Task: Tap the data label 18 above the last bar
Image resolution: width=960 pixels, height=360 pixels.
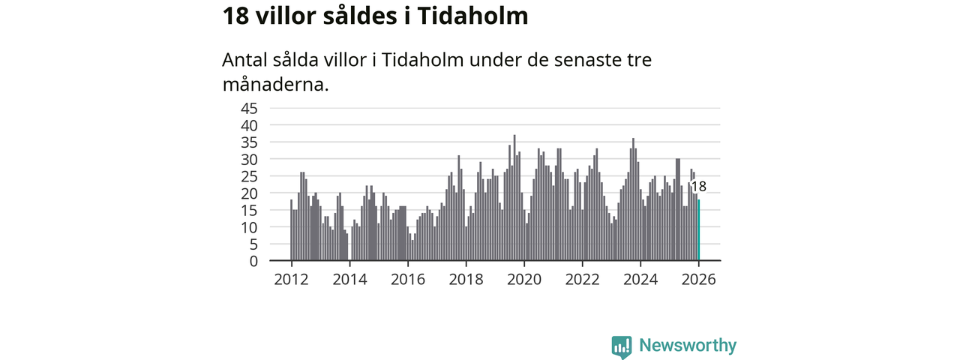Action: (x=698, y=187)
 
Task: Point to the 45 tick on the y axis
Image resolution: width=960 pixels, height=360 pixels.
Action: (x=249, y=108)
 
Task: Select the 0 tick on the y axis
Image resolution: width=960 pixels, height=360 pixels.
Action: (x=253, y=261)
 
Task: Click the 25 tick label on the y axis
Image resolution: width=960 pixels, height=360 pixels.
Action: (x=249, y=176)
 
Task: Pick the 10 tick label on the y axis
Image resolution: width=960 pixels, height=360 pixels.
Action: (x=249, y=227)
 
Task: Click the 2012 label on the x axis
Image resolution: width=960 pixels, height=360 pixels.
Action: (x=291, y=279)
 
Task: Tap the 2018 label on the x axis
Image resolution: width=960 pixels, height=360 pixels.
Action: (x=466, y=279)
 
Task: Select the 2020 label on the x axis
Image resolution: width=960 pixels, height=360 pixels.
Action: (x=524, y=279)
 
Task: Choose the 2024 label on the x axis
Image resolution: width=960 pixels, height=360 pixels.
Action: (x=640, y=279)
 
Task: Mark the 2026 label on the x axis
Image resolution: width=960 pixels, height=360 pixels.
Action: (x=699, y=279)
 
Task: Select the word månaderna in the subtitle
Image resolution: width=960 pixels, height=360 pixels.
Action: (x=275, y=84)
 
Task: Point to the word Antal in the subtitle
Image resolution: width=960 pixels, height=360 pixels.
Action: (x=245, y=60)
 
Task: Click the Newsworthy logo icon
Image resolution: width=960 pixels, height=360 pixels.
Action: (x=621, y=346)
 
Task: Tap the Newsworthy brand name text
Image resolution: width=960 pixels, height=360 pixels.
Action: (x=688, y=346)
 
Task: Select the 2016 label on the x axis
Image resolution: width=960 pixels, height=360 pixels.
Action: (x=407, y=279)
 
